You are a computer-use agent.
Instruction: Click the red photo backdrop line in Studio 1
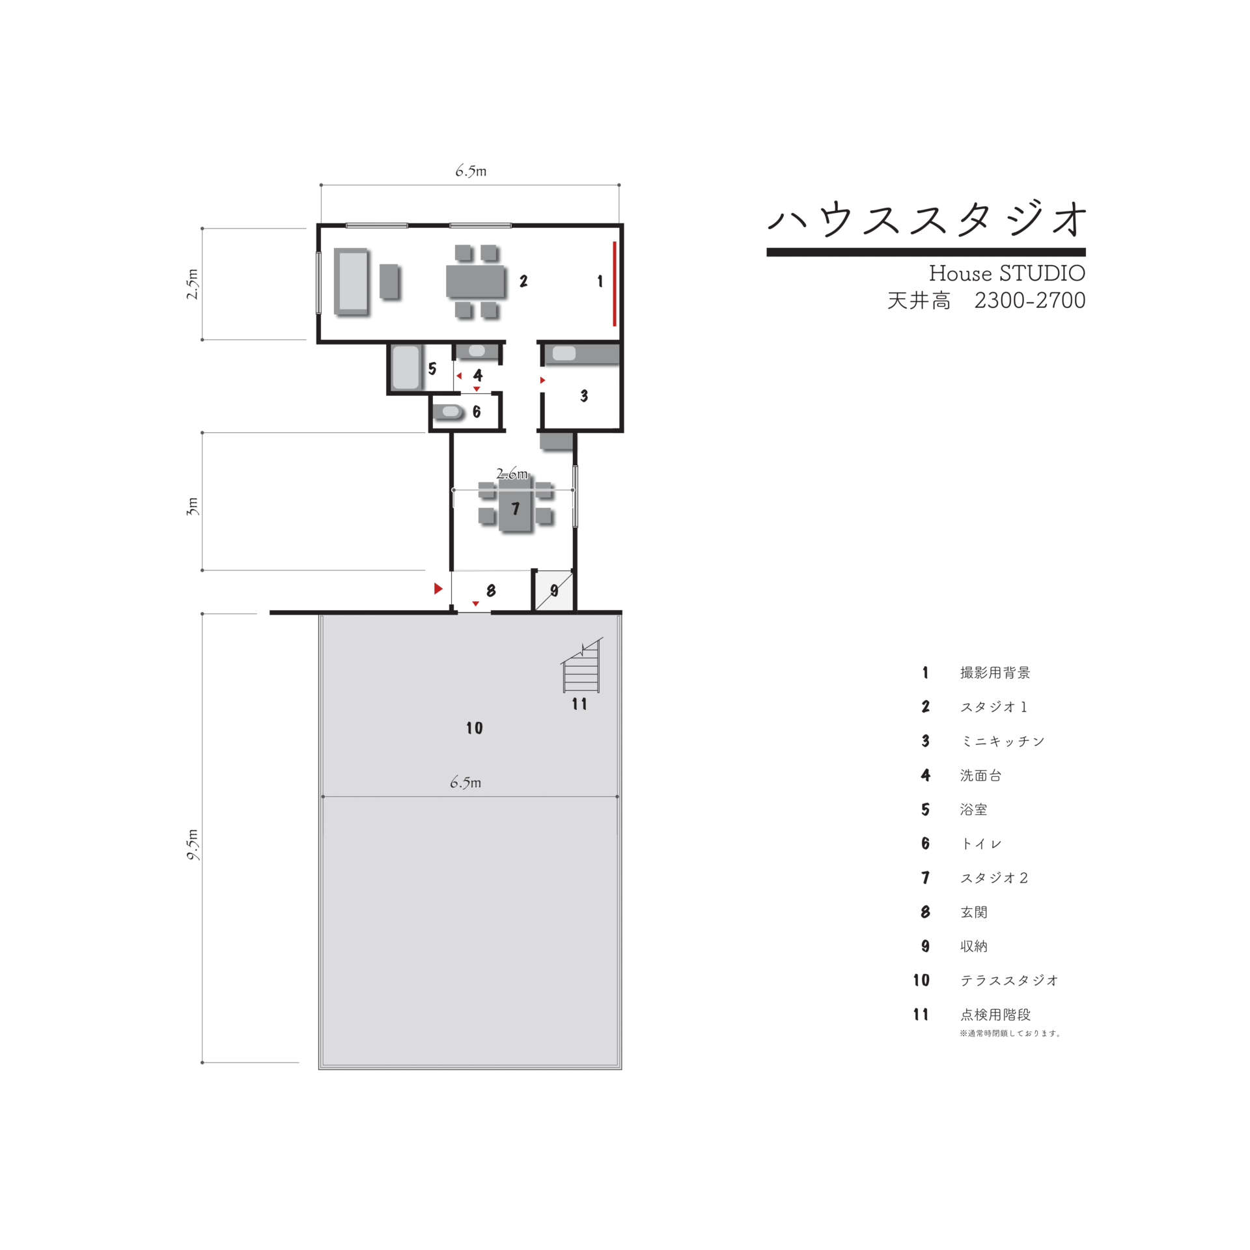click(x=614, y=283)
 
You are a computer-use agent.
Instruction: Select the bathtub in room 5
click(x=406, y=367)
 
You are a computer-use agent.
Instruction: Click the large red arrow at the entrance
click(x=438, y=589)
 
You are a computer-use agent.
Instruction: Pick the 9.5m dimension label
click(x=193, y=845)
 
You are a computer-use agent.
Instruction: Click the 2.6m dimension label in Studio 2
click(x=512, y=473)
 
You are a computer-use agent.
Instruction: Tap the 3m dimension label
click(x=192, y=506)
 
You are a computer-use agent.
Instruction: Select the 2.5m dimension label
click(x=193, y=284)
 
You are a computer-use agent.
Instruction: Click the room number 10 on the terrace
click(x=474, y=728)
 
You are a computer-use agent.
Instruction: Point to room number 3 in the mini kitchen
click(x=584, y=396)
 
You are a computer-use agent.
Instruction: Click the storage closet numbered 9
click(x=554, y=590)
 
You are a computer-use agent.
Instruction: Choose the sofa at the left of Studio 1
click(x=352, y=282)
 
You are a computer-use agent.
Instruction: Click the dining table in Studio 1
click(x=475, y=281)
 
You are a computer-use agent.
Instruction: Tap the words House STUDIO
click(x=1007, y=273)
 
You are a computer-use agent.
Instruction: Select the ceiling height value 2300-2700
click(x=1029, y=300)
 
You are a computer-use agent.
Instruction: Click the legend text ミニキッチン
click(x=1002, y=741)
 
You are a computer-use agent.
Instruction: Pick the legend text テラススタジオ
click(x=1009, y=980)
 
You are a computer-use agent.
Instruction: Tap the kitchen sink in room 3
click(x=564, y=353)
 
